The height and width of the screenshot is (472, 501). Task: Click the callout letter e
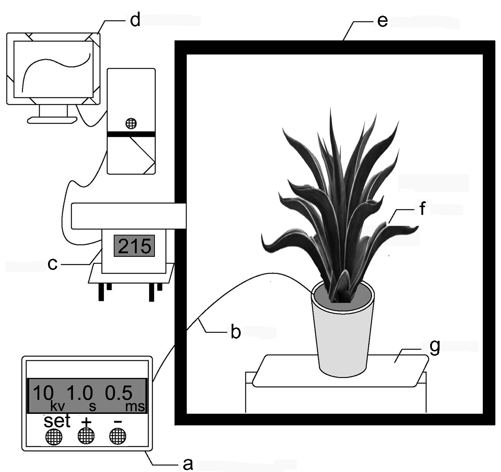(x=382, y=21)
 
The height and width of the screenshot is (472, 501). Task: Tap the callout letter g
(x=434, y=347)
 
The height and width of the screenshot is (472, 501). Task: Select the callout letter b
(x=236, y=332)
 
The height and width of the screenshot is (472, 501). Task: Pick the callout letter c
(x=53, y=264)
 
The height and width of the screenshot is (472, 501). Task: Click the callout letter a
(x=187, y=464)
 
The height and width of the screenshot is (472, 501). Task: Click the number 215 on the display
(x=135, y=246)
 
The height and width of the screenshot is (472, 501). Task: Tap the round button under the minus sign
(x=117, y=436)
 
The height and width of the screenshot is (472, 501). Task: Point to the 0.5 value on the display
(x=119, y=394)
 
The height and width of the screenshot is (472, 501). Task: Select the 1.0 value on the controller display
(x=80, y=394)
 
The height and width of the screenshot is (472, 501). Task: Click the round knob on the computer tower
(x=131, y=124)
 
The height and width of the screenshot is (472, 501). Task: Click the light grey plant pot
(x=342, y=338)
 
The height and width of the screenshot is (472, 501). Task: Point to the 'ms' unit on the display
(x=135, y=407)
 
